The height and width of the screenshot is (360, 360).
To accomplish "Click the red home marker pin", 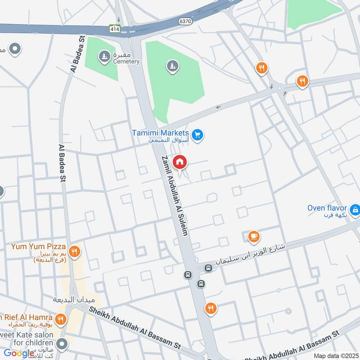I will [x=180, y=162].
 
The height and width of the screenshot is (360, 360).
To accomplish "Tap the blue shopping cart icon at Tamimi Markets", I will [x=197, y=134].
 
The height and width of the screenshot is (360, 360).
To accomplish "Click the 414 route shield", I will [x=115, y=28].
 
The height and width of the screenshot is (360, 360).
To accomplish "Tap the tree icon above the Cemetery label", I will [x=104, y=56].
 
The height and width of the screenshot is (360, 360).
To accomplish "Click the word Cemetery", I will [x=126, y=62].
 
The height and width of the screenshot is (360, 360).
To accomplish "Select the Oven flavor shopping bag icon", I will [x=355, y=209].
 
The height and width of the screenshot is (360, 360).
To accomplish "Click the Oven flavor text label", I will [x=327, y=208].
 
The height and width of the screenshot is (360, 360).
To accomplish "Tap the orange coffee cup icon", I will [x=254, y=236].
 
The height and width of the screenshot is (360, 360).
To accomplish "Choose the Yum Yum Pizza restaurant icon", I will [x=75, y=252].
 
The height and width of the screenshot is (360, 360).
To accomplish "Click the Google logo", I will [x=19, y=353].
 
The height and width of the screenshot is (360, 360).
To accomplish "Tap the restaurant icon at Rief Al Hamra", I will [x=60, y=319].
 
